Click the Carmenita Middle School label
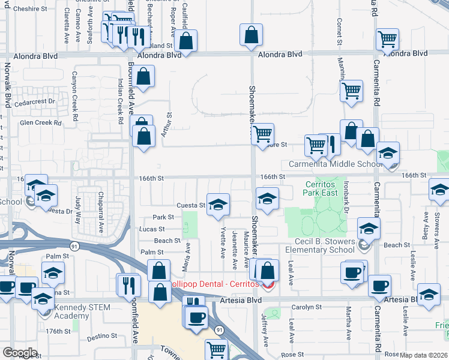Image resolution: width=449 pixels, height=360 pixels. [335, 164]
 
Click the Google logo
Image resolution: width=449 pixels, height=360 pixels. [20, 353]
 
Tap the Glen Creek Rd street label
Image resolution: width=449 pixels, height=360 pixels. [41, 122]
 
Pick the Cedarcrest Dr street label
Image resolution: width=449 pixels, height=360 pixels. [38, 102]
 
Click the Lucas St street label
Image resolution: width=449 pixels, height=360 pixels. [151, 229]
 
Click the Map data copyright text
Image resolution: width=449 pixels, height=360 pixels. [424, 355]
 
